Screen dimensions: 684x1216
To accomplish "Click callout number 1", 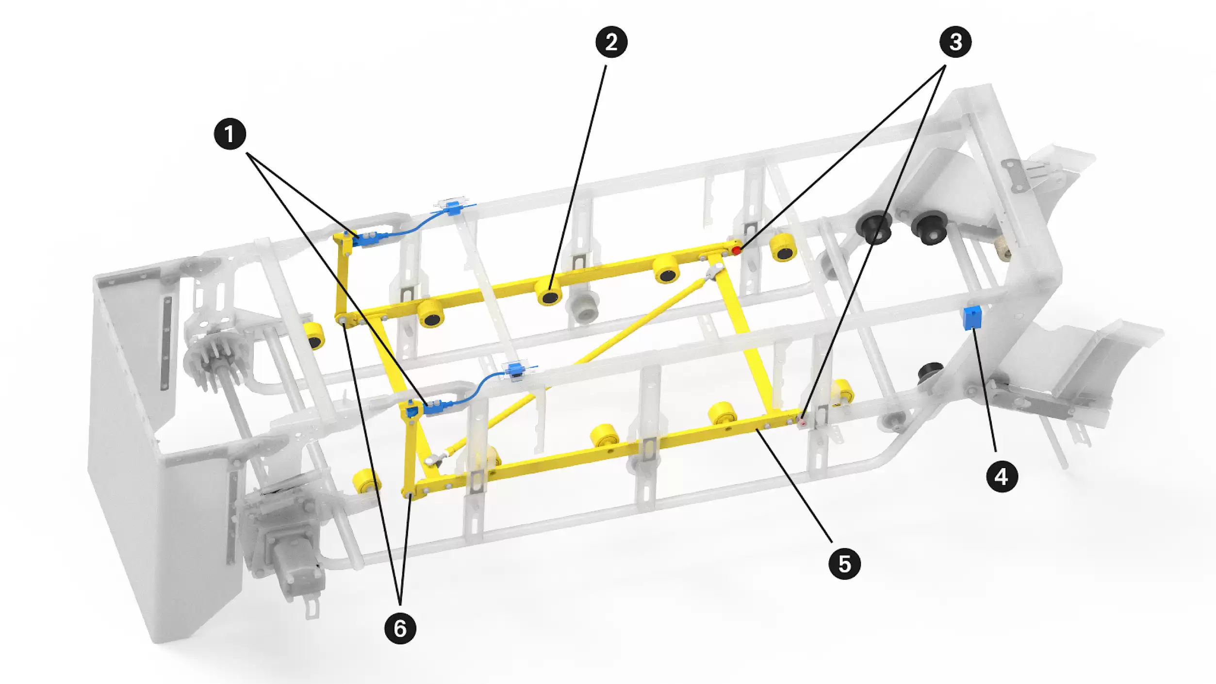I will pos(230,134).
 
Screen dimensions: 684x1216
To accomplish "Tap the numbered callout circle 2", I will pos(611,42).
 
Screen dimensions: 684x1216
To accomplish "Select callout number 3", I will pos(955,42).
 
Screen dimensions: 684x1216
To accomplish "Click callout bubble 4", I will pos(1002,476).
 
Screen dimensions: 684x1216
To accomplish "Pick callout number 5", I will pos(845,564).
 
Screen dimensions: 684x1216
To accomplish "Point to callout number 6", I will pos(400,628).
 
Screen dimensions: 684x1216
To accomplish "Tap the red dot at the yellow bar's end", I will pos(737,250).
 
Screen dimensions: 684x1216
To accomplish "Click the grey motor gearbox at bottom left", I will pos(286,543).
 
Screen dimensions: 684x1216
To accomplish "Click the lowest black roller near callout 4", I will pos(929,373).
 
